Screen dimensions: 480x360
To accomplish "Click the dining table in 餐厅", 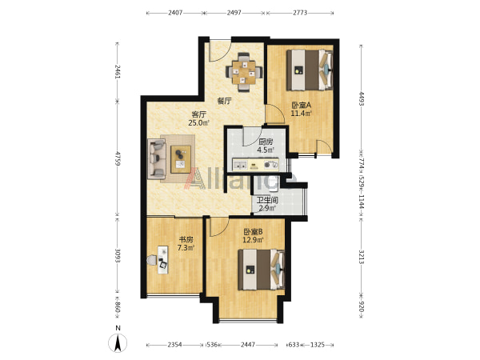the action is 244,73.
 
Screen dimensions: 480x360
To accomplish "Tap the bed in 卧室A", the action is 310,70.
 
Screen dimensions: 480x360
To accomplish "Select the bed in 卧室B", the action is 262,270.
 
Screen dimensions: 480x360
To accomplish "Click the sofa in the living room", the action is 157,159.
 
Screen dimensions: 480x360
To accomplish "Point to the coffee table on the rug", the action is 181,159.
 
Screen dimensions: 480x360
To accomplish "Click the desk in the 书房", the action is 163,259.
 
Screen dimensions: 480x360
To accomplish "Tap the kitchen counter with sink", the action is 256,164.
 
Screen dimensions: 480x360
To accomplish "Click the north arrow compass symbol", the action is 118,343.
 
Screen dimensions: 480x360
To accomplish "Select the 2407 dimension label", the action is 175,13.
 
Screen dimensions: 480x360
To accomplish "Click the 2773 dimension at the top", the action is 300,13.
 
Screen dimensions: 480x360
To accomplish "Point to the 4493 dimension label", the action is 362,98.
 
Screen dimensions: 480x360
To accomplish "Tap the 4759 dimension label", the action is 118,158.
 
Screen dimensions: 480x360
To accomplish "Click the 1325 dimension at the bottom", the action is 318,345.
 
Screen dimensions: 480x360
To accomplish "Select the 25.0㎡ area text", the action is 198,123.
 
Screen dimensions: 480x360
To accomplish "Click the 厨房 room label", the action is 266,142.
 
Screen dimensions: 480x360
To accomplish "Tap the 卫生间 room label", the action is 267,201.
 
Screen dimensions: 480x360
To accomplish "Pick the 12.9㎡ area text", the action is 253,240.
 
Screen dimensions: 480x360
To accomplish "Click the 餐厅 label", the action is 224,101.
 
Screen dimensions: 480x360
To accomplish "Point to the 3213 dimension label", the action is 362,257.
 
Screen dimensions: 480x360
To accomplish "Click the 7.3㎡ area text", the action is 186,248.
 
